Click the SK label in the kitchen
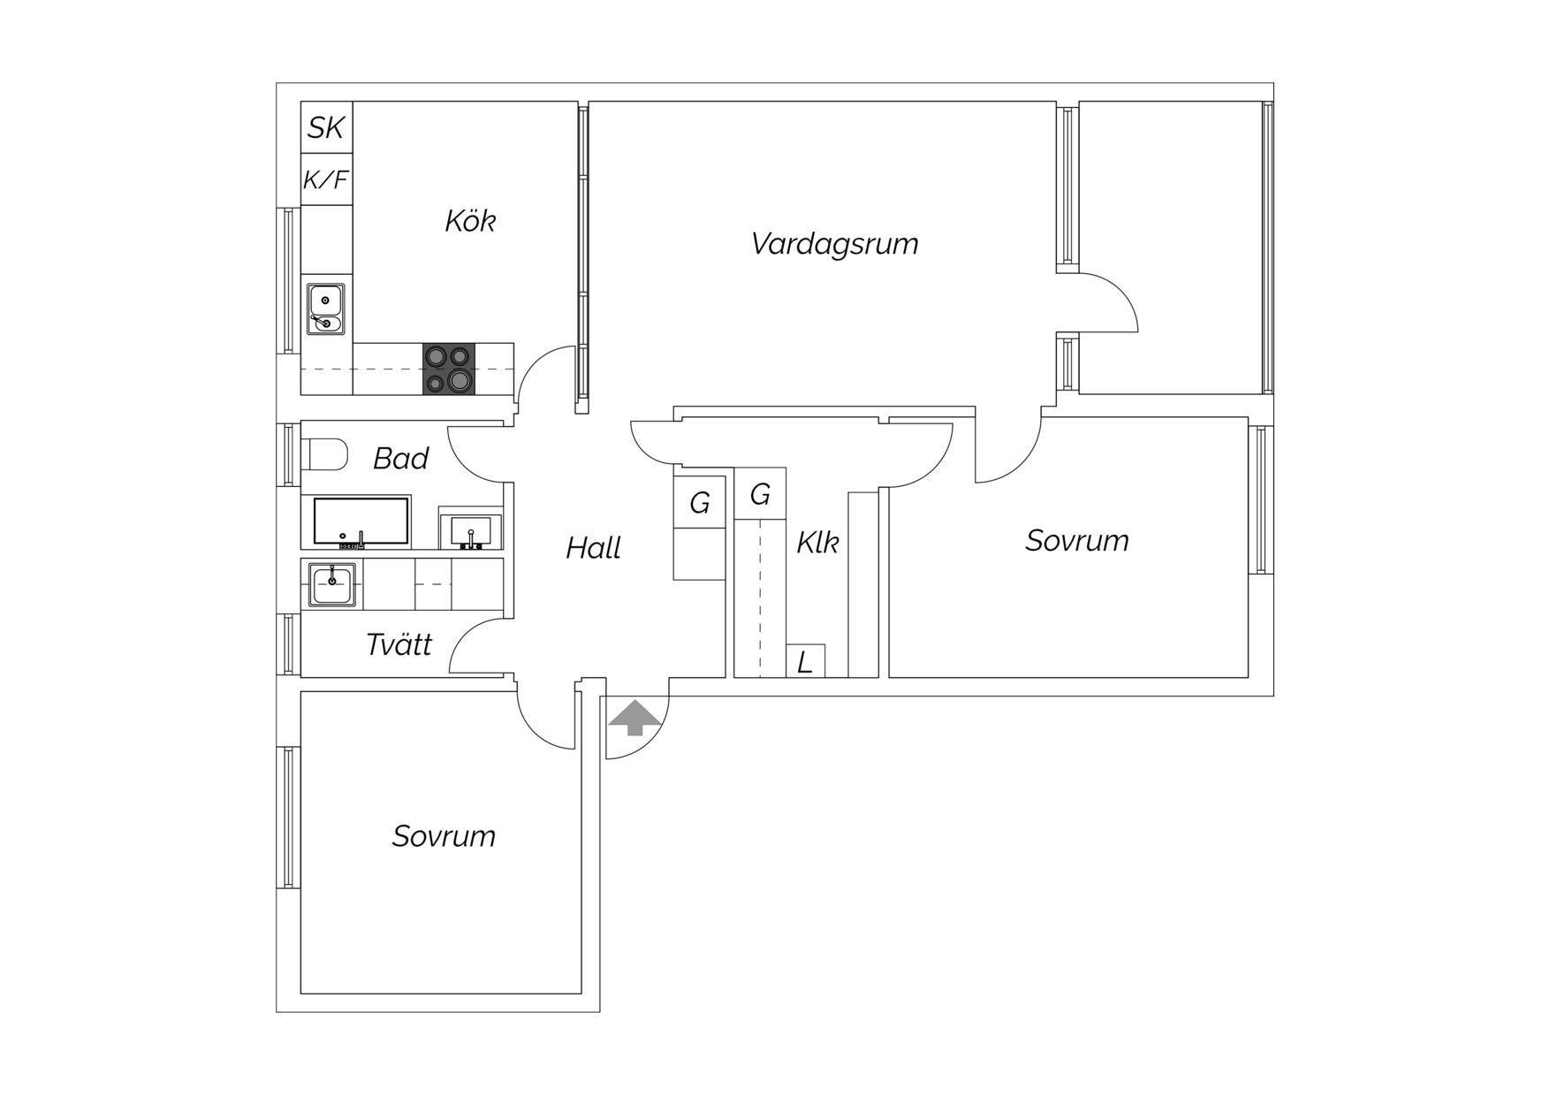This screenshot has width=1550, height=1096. (325, 128)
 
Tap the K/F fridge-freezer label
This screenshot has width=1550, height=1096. (326, 180)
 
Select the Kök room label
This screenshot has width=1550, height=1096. (470, 220)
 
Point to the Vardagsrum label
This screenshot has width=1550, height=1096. (834, 243)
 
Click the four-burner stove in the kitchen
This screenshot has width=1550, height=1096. (449, 369)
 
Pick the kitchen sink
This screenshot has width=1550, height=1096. (326, 308)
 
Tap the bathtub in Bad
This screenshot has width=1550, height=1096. (361, 521)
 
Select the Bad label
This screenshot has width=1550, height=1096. (400, 459)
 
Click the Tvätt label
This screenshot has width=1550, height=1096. (399, 644)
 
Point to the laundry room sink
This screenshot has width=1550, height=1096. (332, 584)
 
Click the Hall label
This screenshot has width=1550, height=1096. (593, 548)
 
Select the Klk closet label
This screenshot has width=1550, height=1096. (817, 542)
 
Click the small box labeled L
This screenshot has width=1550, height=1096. (805, 661)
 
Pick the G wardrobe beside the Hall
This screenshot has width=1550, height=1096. (700, 502)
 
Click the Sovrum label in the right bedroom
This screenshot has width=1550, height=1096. (1077, 540)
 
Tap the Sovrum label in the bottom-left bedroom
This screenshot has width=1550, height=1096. (444, 836)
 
